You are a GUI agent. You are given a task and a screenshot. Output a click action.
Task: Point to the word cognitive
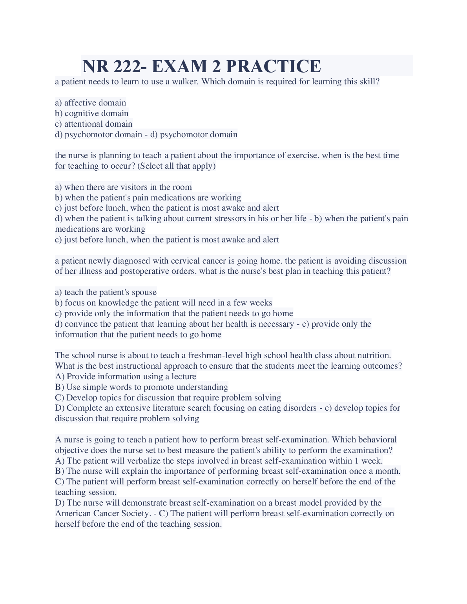click(80, 113)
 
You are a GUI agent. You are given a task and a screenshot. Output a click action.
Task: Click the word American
click(73, 513)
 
